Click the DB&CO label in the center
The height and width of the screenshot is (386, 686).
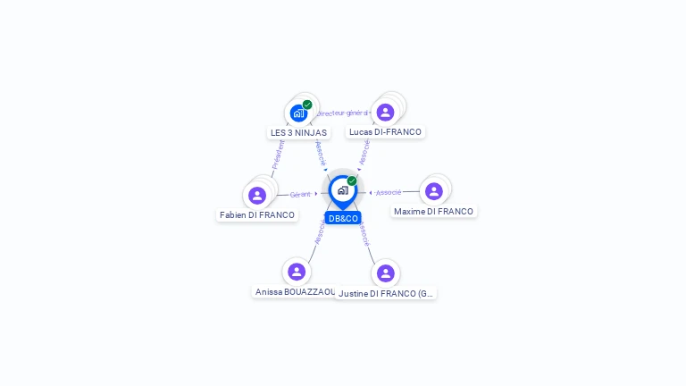pyautogui.click(x=343, y=218)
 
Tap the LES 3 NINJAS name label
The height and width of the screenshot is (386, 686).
pyautogui.click(x=298, y=132)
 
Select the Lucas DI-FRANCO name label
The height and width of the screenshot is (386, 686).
pyautogui.click(x=385, y=132)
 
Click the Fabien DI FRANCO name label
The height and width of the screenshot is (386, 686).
pyautogui.click(x=257, y=214)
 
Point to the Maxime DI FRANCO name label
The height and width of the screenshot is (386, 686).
pyautogui.click(x=433, y=212)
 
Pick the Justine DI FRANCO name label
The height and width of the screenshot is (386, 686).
pyautogui.click(x=387, y=293)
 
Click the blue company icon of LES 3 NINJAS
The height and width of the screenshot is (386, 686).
pyautogui.click(x=298, y=113)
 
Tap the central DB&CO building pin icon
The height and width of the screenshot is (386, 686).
pyautogui.click(x=342, y=189)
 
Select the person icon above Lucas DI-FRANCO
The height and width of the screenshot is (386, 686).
pyautogui.click(x=385, y=112)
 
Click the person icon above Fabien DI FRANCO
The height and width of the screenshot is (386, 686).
pyautogui.click(x=257, y=195)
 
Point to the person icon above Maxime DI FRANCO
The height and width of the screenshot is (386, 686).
pyautogui.click(x=434, y=191)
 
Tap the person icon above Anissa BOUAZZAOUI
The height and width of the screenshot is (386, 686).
pyautogui.click(x=297, y=272)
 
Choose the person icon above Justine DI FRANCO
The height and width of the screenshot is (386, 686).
pyautogui.click(x=385, y=273)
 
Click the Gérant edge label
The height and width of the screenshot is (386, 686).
pyautogui.click(x=300, y=194)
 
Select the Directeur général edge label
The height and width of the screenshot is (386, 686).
pyautogui.click(x=343, y=113)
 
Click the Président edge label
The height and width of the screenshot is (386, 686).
pyautogui.click(x=279, y=154)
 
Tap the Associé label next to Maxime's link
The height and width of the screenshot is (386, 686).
pyautogui.click(x=389, y=192)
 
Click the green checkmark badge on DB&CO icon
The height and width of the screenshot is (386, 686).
pyautogui.click(x=352, y=180)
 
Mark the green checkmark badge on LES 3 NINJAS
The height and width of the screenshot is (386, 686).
pyautogui.click(x=307, y=105)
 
